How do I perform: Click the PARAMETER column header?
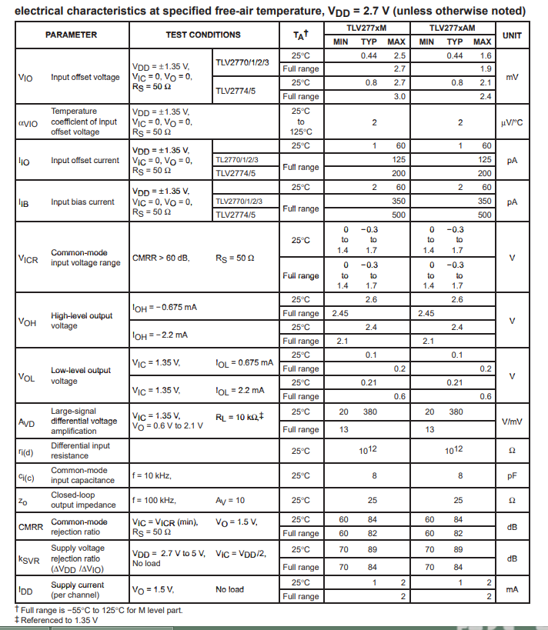pyautogui.click(x=71, y=35)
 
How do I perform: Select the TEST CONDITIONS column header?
pyautogui.click(x=203, y=35)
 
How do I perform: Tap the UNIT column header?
pyautogui.click(x=512, y=35)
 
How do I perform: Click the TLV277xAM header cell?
pyautogui.click(x=455, y=28)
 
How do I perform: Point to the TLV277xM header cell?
pyautogui.click(x=366, y=28)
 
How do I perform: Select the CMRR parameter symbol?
pyautogui.click(x=28, y=527)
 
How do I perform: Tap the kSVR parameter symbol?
pyautogui.click(x=28, y=559)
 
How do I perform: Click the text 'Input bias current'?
pyautogui.click(x=82, y=202)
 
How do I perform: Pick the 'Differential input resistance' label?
pyautogui.click(x=80, y=451)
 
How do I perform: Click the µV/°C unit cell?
pyautogui.click(x=512, y=122)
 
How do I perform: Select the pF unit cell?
pyautogui.click(x=512, y=476)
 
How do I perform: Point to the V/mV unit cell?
pyautogui.click(x=512, y=422)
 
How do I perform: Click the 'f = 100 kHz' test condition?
pyautogui.click(x=154, y=501)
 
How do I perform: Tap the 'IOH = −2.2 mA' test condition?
pyautogui.click(x=160, y=335)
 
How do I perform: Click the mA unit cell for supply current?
pyautogui.click(x=512, y=590)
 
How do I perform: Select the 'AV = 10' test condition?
pyautogui.click(x=230, y=501)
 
